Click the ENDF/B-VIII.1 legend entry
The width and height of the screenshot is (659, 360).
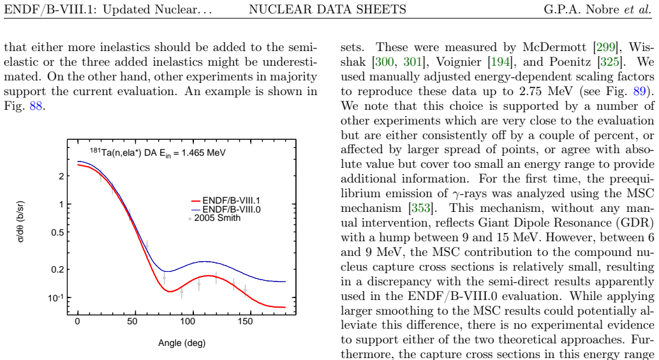226,200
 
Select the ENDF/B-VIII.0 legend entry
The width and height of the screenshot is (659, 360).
226,209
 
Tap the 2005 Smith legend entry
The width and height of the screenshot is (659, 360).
215,218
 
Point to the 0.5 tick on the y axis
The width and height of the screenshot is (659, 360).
57,232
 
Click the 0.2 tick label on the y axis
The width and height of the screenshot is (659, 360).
57,269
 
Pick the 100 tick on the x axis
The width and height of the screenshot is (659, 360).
188,322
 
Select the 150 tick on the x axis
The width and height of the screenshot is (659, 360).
245,322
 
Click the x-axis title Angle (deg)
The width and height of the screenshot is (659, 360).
182,343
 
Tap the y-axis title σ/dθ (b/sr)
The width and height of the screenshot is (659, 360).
20,221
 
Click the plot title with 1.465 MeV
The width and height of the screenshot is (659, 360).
158,153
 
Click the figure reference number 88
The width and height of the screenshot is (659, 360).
36,106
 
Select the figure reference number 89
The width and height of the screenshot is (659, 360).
639,91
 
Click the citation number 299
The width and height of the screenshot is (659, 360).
605,47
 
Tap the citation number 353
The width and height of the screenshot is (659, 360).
419,208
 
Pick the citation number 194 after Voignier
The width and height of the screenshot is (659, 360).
501,62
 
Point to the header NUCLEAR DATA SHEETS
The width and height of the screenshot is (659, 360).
327,9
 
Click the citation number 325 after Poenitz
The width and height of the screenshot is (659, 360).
610,62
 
